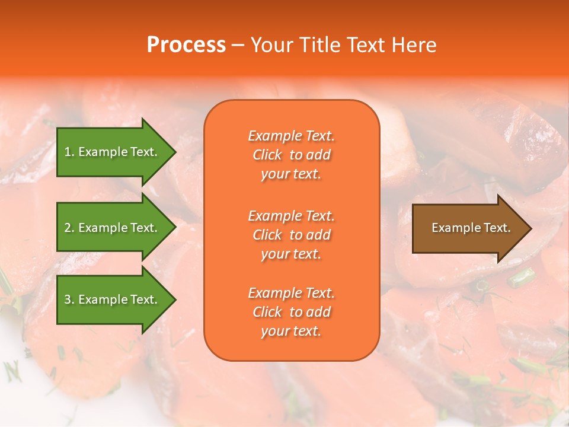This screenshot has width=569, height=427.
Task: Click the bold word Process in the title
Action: [x=186, y=45]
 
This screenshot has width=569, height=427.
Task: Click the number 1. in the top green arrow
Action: [x=69, y=152]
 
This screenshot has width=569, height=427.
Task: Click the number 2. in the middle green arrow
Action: [x=69, y=228]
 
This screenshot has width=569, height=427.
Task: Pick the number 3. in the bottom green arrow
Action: [x=69, y=299]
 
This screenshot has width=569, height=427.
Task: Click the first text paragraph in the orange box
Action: [x=291, y=155]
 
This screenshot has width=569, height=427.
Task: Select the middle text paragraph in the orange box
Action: [x=291, y=235]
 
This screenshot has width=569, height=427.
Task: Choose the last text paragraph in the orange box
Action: [x=291, y=312]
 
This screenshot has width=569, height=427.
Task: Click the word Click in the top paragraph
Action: [x=267, y=155]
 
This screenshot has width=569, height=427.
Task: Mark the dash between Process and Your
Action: [x=238, y=45]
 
